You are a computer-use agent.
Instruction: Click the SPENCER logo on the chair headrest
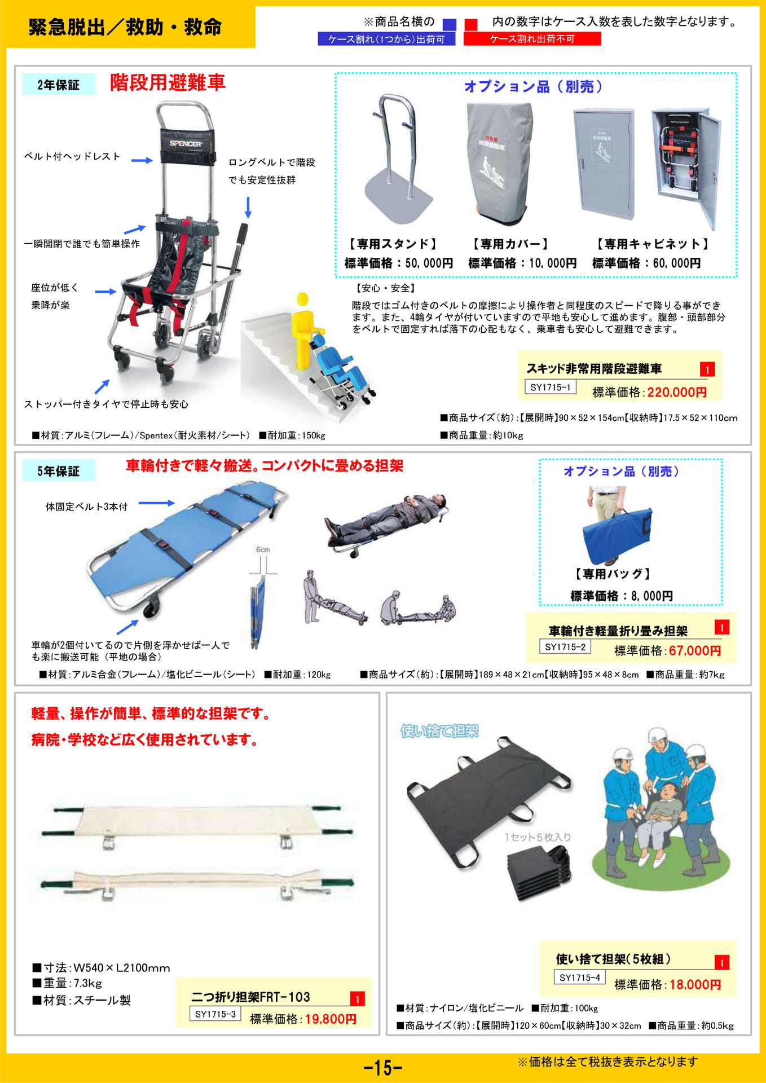pos(186,143)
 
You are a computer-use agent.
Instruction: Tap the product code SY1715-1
pos(550,387)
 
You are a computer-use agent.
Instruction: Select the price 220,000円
pos(677,392)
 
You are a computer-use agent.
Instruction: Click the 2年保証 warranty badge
pos(58,85)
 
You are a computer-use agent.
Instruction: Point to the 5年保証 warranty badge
pos(58,471)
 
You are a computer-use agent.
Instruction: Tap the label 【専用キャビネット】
pos(652,244)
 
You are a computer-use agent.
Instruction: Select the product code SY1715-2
pos(565,647)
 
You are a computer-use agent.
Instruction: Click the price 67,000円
pos(695,650)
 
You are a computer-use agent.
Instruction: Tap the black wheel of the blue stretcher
pos(151,609)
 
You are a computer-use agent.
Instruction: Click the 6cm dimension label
pos(263,549)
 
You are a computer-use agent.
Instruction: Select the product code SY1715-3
pos(215,1014)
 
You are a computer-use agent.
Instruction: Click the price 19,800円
pos(331,1019)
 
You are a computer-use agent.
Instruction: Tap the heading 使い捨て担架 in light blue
pos(439,731)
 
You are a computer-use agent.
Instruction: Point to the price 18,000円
pos(695,984)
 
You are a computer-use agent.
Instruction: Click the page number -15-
pos(383,1067)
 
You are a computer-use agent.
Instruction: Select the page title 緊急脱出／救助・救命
pos(125,27)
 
